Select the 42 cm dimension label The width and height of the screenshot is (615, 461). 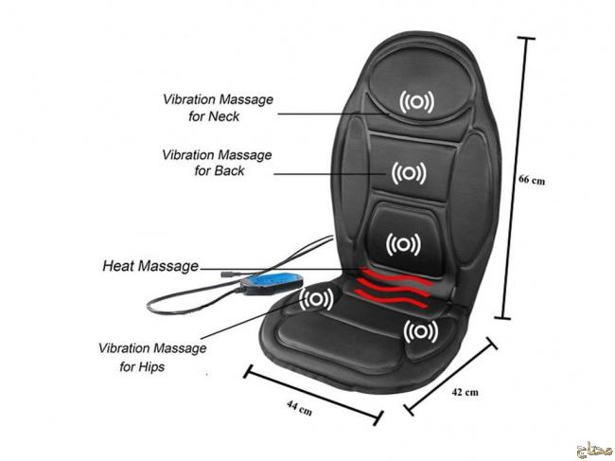pos(466,391)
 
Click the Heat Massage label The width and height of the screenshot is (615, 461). pos(149,267)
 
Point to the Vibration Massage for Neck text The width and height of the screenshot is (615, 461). pos(217,107)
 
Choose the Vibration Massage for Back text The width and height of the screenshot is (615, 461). pos(217,162)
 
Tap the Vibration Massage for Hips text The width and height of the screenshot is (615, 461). pos(151,357)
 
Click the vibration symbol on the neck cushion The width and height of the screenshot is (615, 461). pos(416,102)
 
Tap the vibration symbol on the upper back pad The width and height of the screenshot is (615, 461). pos(408,173)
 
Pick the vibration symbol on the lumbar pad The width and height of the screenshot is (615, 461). pos(403,244)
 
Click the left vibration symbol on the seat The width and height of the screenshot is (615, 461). pos(316,300)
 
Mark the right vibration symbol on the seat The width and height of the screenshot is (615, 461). pos(419,332)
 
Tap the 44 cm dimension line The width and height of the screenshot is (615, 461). pos(313,391)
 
